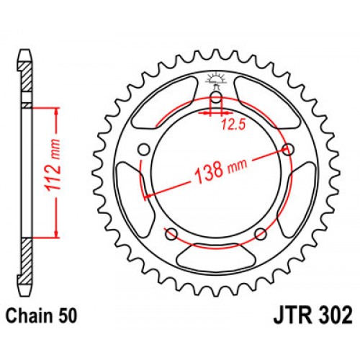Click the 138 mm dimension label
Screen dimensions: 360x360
tap(216, 169)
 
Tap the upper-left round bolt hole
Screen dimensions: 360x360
tap(143, 149)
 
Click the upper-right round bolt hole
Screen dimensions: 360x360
tap(289, 149)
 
